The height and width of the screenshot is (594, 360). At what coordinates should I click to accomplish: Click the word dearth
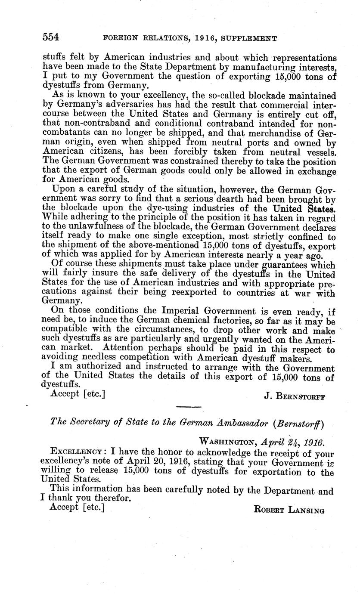click(x=208, y=198)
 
